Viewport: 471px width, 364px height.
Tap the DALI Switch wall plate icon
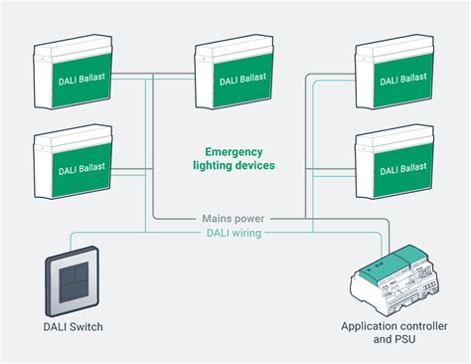[x=72, y=280]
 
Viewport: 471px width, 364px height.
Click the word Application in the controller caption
[x=373, y=327]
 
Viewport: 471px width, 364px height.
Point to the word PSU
[x=404, y=341]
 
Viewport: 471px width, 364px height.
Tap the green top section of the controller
[x=407, y=257]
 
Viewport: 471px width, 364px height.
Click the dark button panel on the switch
[x=72, y=281]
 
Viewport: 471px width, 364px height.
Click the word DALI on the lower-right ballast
[x=382, y=170]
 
